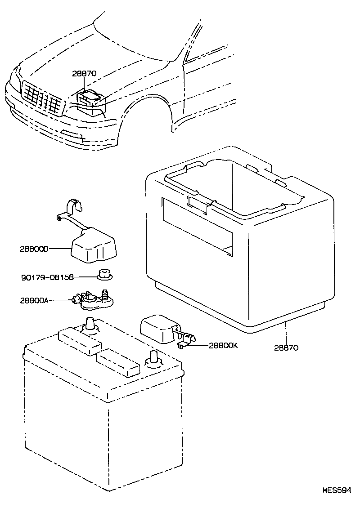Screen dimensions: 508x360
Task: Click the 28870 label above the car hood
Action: [x=84, y=73]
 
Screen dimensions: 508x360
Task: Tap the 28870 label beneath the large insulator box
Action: [x=286, y=348]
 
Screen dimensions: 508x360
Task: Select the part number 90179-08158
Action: [x=47, y=277]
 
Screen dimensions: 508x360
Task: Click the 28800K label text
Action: [x=224, y=346]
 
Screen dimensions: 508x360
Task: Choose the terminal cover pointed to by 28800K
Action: [x=157, y=329]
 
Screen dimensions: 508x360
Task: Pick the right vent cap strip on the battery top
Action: [x=119, y=363]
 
